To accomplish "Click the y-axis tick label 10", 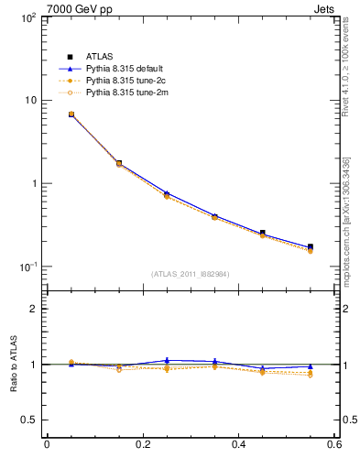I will tap(28, 101).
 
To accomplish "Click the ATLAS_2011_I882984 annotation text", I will tap(191, 273).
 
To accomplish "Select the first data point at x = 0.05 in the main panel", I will tap(71, 115).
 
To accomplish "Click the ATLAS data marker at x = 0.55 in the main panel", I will tap(311, 246).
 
